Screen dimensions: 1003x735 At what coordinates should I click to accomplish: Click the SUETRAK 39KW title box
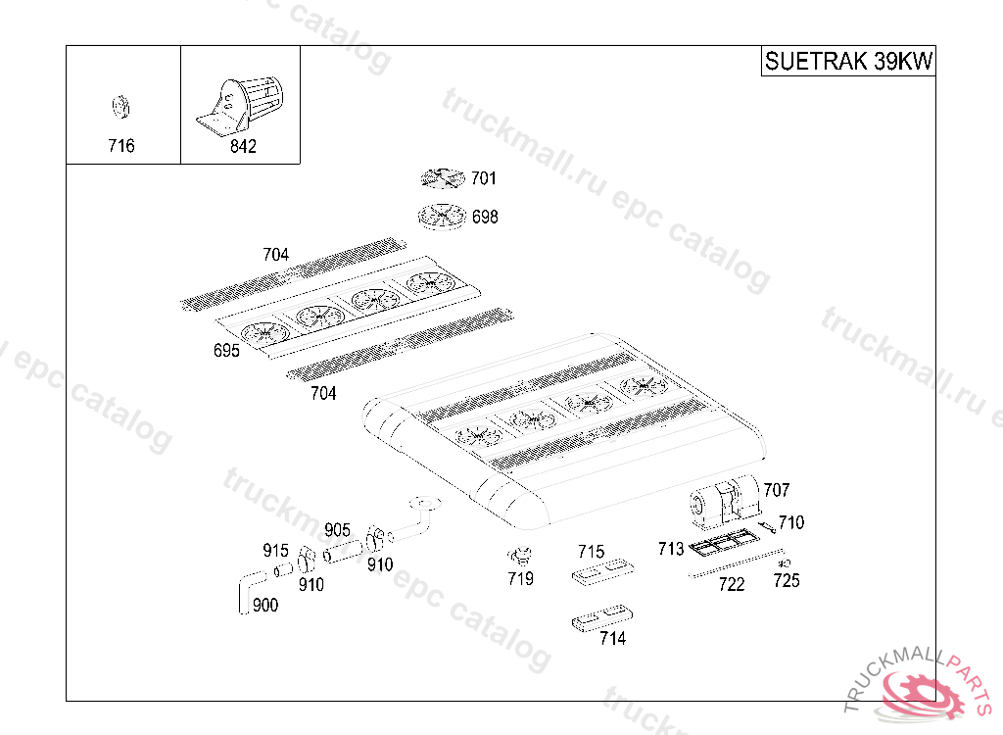848,61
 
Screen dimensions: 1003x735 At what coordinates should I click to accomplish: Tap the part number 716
121,146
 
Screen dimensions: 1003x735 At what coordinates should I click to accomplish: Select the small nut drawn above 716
122,106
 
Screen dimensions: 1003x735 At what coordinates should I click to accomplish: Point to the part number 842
242,146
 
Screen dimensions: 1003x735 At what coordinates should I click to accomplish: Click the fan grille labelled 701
442,178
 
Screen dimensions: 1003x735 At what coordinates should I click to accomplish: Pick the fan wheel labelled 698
442,217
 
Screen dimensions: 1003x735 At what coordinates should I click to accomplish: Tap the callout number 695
226,351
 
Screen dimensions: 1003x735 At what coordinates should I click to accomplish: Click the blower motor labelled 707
726,501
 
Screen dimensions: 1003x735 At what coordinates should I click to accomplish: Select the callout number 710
790,522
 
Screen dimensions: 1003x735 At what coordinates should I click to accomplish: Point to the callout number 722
731,585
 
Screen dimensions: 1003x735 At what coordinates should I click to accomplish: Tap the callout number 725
786,581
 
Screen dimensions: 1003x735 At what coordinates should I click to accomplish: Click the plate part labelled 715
601,572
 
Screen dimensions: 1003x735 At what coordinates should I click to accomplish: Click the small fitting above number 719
521,554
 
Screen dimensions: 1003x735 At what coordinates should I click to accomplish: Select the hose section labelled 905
342,551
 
